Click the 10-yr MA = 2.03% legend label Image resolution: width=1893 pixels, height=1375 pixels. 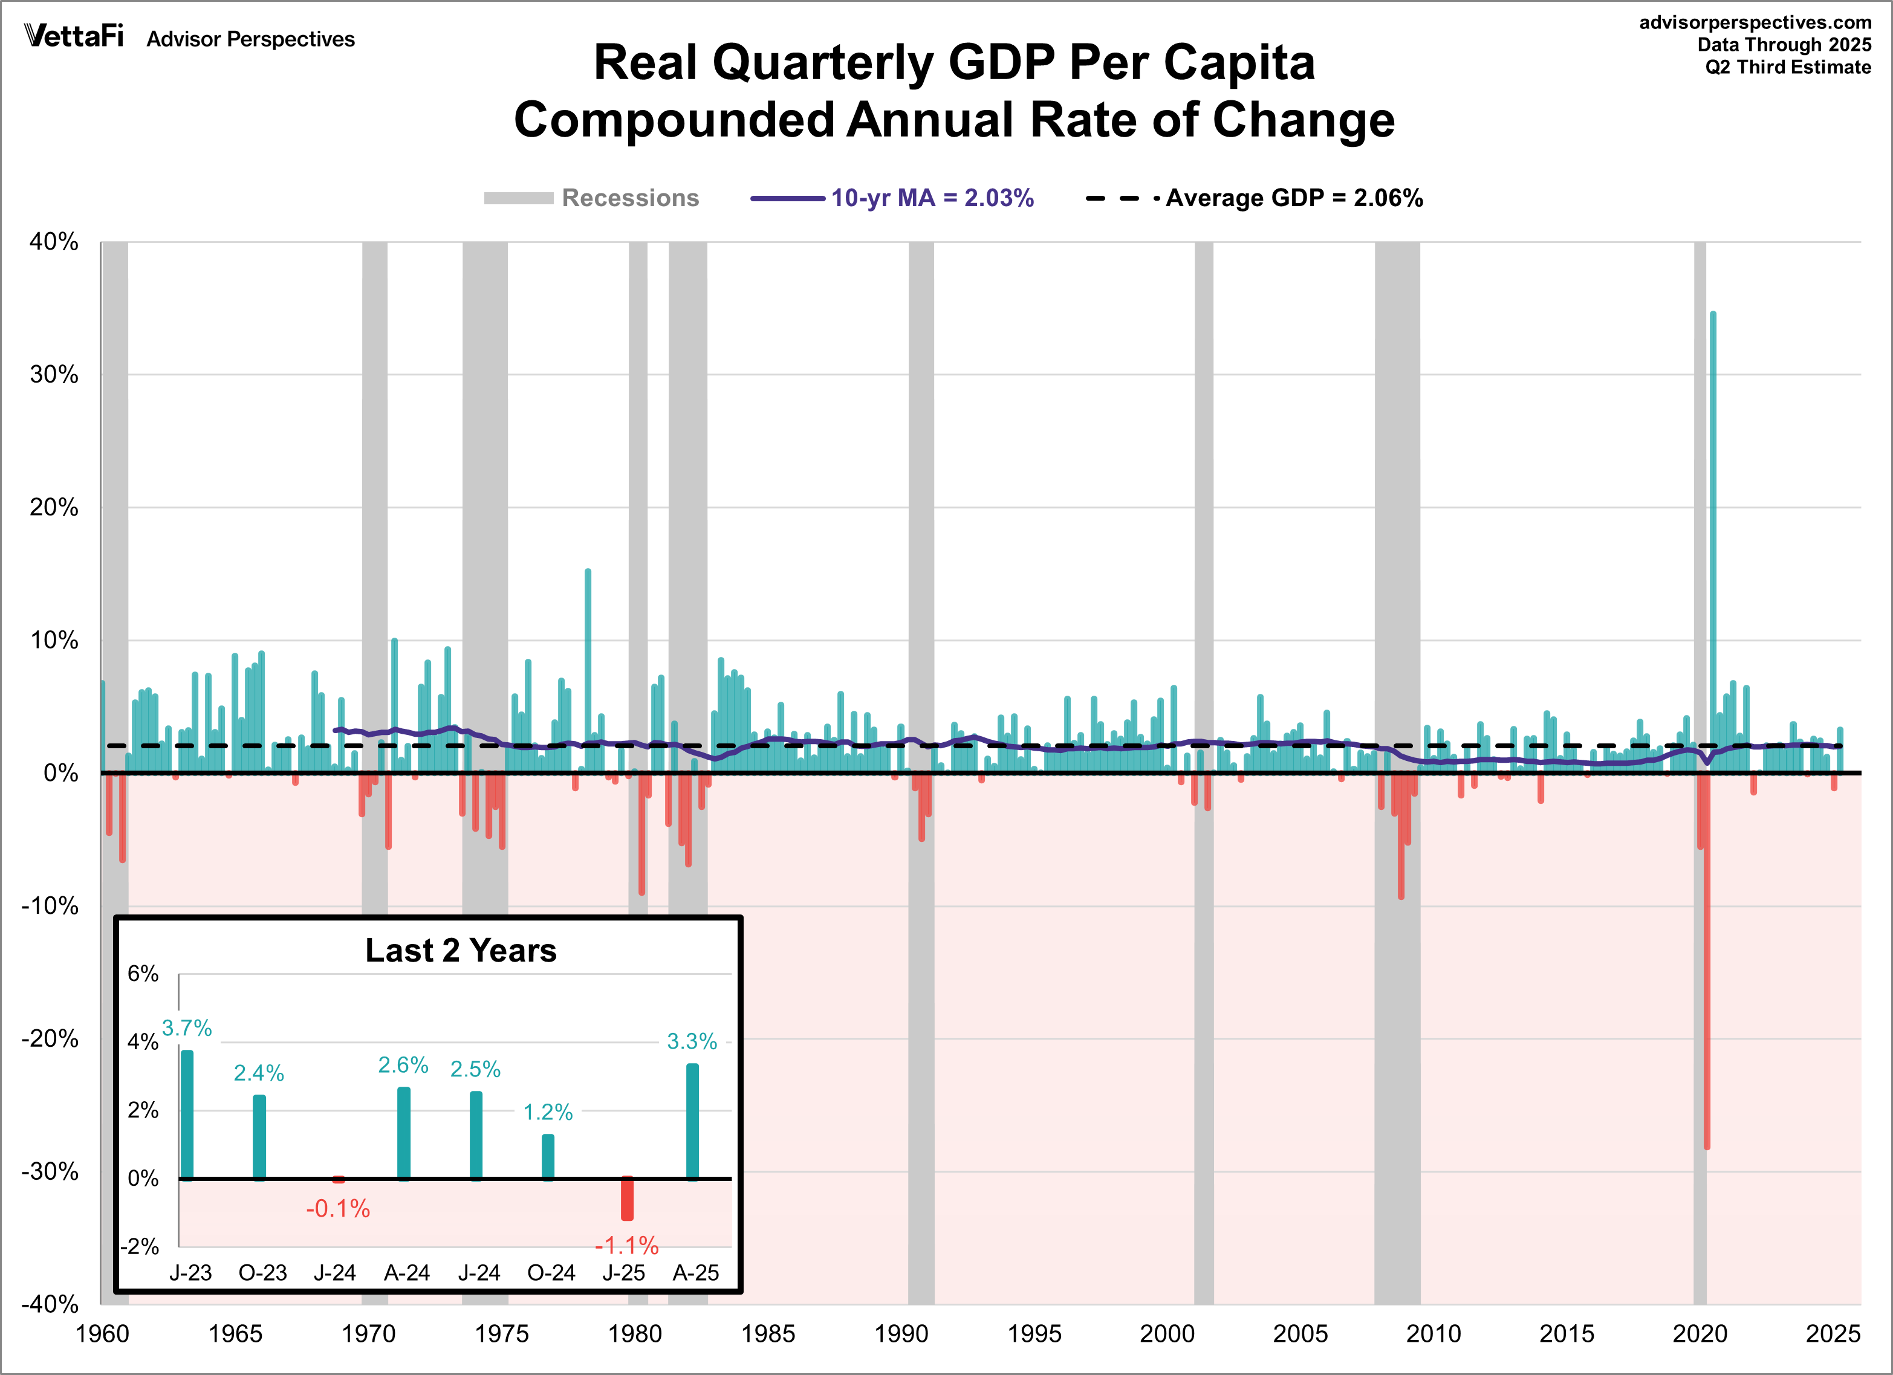click(932, 198)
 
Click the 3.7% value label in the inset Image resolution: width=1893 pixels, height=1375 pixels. click(186, 1028)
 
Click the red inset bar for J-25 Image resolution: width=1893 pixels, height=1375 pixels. click(627, 1199)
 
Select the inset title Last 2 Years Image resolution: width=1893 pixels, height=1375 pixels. click(461, 950)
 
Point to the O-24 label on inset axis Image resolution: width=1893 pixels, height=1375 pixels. click(551, 1272)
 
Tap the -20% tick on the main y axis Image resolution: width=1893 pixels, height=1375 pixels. click(50, 1039)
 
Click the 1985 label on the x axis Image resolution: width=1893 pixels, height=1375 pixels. click(768, 1333)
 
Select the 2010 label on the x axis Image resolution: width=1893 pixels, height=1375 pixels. click(1433, 1333)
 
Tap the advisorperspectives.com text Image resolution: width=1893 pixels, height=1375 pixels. click(1755, 22)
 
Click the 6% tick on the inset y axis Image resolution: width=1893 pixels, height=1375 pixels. click(143, 974)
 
